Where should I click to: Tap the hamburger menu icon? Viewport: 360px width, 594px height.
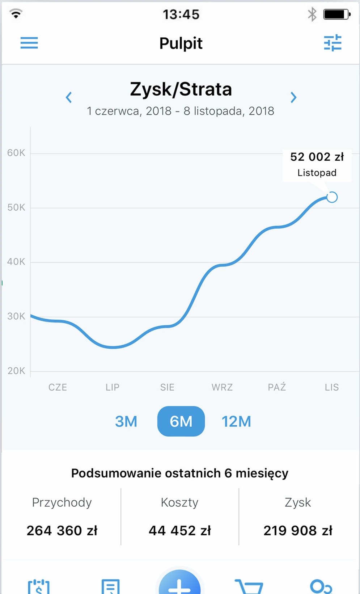(x=29, y=43)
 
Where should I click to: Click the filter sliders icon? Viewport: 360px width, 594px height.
(x=333, y=43)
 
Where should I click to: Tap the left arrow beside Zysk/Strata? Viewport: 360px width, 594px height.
(x=69, y=97)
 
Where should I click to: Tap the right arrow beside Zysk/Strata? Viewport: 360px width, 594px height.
(x=293, y=97)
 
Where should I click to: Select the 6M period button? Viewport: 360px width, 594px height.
(x=181, y=421)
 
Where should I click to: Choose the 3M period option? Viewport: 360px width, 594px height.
(x=126, y=421)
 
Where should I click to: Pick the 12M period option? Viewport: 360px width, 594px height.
(x=236, y=421)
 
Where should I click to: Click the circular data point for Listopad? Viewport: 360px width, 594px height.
(x=332, y=197)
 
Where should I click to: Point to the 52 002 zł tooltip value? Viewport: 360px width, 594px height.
(x=317, y=157)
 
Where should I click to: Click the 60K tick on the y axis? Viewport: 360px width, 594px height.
(x=16, y=153)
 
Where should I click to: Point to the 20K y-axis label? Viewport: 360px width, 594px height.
(x=16, y=371)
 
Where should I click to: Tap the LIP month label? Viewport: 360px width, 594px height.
(x=113, y=387)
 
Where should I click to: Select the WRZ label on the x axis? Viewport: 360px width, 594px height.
(x=222, y=387)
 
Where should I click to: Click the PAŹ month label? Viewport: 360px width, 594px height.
(x=277, y=387)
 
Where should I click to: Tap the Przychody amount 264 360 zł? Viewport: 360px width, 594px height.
(x=62, y=531)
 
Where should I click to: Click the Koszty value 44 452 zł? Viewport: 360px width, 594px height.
(x=180, y=531)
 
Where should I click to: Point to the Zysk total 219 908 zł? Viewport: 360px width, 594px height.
(x=298, y=531)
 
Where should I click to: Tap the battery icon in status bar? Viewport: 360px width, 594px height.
(x=336, y=14)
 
